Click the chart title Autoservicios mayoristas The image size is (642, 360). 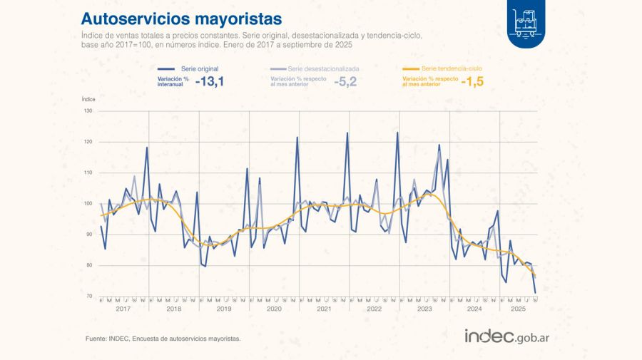[x=181, y=17]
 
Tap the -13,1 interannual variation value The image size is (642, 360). [x=211, y=82]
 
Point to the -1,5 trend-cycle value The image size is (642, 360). [x=472, y=82]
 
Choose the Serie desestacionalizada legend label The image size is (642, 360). [x=325, y=68]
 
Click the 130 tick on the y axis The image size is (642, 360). [x=88, y=111]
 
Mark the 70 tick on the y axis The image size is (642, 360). [x=89, y=296]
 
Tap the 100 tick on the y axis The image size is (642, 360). [x=88, y=204]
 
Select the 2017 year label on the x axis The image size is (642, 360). [x=123, y=309]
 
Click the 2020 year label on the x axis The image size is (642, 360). [x=273, y=309]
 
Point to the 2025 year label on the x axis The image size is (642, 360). [x=518, y=309]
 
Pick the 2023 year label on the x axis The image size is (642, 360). [x=424, y=309]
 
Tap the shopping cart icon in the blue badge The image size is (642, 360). [x=528, y=21]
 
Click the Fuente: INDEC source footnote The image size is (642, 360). [x=163, y=339]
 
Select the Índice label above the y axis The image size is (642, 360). [x=88, y=99]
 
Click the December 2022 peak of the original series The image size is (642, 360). [x=397, y=133]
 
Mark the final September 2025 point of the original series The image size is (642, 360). [x=535, y=292]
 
